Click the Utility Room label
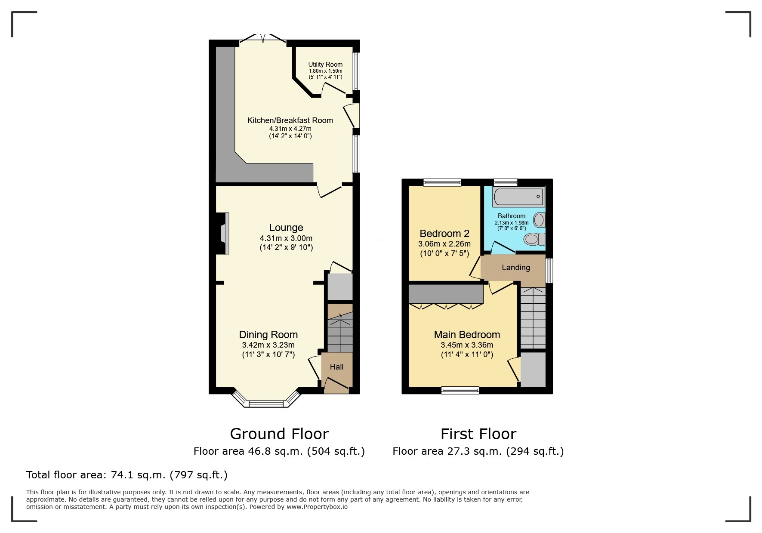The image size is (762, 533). [x=325, y=65]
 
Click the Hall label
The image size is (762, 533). [x=336, y=367]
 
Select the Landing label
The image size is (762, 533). [x=515, y=268]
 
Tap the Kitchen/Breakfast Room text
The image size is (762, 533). [x=290, y=120]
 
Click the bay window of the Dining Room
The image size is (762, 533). [x=266, y=404]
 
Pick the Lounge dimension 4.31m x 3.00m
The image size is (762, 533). [x=286, y=238]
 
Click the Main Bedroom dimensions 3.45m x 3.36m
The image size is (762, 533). [x=467, y=345]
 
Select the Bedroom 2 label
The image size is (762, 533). [x=444, y=234]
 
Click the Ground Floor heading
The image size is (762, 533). [x=279, y=434]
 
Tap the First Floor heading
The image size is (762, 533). [x=478, y=434]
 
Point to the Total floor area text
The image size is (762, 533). [x=126, y=475]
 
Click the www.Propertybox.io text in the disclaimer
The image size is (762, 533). [x=317, y=507]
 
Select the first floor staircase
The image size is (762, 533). [x=533, y=318]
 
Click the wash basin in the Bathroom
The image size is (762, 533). [x=539, y=220]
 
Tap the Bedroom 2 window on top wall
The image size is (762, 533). [x=442, y=183]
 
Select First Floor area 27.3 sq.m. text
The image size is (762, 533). [x=478, y=451]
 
